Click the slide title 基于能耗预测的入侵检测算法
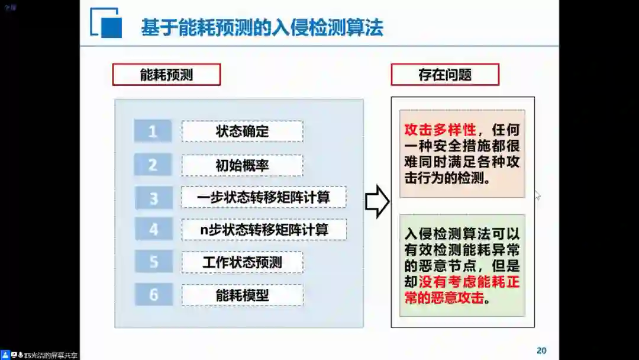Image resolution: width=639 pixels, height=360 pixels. click(x=262, y=27)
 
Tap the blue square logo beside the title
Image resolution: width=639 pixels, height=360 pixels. click(x=106, y=24)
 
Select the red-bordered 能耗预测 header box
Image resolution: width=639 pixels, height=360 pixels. click(x=166, y=75)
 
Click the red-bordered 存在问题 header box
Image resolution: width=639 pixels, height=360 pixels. click(x=445, y=75)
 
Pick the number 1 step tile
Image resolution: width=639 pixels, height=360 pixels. click(x=153, y=131)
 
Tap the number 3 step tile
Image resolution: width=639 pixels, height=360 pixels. click(x=153, y=198)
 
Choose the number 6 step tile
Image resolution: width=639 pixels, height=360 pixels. click(x=153, y=294)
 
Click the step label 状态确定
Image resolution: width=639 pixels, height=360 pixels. click(x=242, y=131)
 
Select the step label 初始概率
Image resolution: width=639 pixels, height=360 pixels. click(x=242, y=166)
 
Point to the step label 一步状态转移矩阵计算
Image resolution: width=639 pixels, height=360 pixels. click(x=263, y=197)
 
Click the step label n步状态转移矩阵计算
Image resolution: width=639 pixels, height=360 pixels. click(x=264, y=229)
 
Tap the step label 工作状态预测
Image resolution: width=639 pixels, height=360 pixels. click(x=242, y=262)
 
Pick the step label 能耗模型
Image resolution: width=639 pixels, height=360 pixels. click(x=242, y=295)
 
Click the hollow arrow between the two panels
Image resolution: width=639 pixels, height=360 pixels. click(x=377, y=202)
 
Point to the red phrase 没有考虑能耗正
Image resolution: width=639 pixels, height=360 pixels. click(x=470, y=282)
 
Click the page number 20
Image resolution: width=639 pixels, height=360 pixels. click(x=541, y=350)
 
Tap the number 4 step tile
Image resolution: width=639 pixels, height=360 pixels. click(x=153, y=229)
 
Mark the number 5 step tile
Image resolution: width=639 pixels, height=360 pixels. click(x=153, y=261)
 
